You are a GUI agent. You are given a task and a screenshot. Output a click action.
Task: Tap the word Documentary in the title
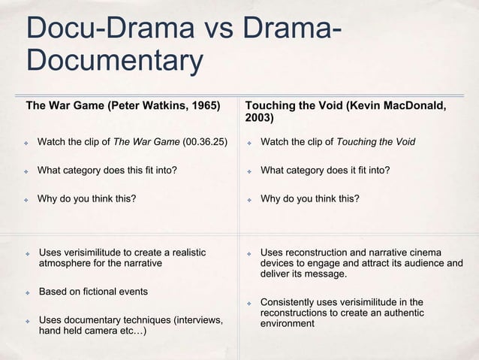pos(114,62)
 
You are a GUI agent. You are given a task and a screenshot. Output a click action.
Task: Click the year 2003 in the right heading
pos(259,118)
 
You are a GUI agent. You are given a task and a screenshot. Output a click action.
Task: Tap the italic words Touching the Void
pos(376,141)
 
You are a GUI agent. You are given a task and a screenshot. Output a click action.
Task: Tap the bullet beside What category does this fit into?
pos(26,171)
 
